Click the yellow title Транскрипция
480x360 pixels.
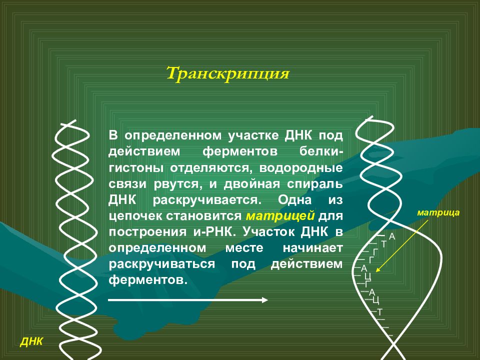tap(228, 73)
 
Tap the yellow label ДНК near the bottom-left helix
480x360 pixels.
tap(31, 342)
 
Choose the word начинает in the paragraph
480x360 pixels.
tap(312, 248)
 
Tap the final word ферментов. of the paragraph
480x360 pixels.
tap(148, 280)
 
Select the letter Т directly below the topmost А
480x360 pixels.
tap(383, 244)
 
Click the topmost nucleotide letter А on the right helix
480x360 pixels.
tap(392, 236)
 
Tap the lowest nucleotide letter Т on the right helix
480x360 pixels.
tap(379, 311)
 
